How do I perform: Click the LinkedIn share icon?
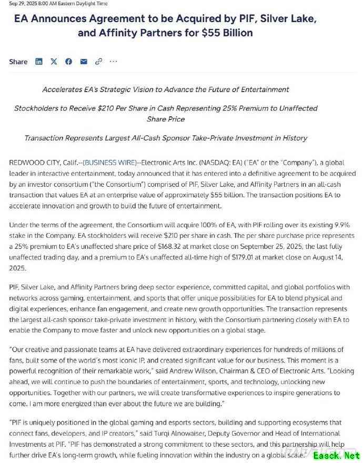[39, 62]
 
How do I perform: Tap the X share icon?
[54, 62]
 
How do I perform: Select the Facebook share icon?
[68, 62]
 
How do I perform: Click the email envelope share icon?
[84, 62]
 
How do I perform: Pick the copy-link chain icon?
[98, 62]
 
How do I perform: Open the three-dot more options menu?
[113, 62]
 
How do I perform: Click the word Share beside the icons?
[18, 62]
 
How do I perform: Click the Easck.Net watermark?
[337, 456]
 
